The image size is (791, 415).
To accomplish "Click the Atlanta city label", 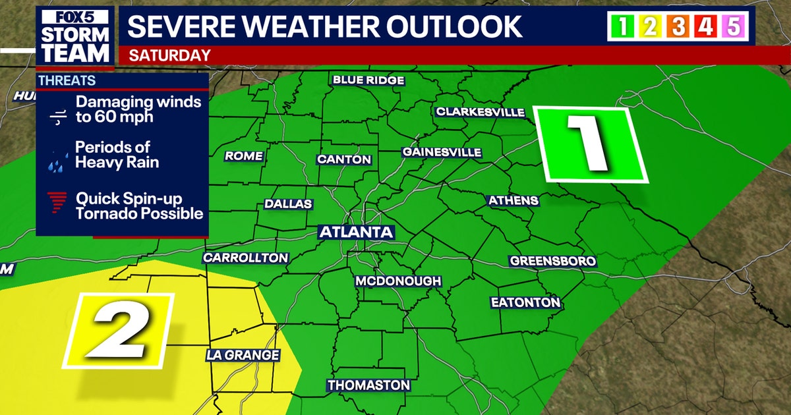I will point(356,232).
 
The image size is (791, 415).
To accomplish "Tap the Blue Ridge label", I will point(368,80).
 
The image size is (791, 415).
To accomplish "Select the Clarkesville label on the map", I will point(480,112).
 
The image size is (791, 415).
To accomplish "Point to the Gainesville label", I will point(442,152).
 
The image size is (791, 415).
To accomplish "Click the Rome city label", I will point(244,156).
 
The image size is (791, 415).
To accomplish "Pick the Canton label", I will point(344,159).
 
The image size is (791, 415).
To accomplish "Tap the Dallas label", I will point(288,204).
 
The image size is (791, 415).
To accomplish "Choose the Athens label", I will point(513,200).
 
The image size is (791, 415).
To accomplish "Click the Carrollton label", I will point(245,258).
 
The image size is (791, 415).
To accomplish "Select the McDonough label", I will point(398,281).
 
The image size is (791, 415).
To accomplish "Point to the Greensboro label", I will point(553,262).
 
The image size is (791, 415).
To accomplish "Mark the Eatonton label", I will point(525,303).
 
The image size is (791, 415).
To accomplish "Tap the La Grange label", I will point(243,355).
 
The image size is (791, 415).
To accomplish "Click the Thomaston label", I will point(369,385).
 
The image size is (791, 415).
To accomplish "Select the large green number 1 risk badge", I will point(590,144).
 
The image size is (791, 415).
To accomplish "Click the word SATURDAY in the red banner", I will point(170,56).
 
